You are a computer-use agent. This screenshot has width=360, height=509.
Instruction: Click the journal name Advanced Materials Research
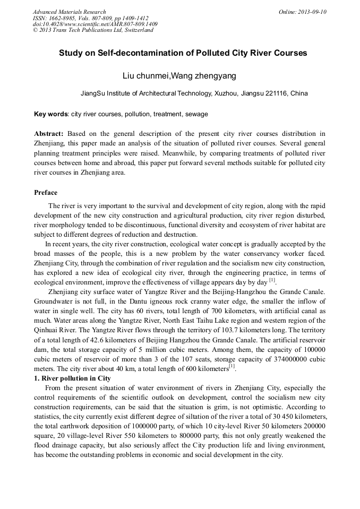[69, 12]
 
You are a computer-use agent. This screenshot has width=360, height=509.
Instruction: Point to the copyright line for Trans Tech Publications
[93, 30]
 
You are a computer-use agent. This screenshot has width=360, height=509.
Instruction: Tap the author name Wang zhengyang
[203, 76]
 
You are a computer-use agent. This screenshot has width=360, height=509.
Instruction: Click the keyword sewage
[198, 114]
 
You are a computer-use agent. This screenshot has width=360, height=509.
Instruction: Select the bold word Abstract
[49, 134]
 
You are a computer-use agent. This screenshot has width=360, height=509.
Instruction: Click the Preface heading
[46, 193]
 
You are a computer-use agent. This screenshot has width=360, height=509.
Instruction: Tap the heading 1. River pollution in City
[72, 378]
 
